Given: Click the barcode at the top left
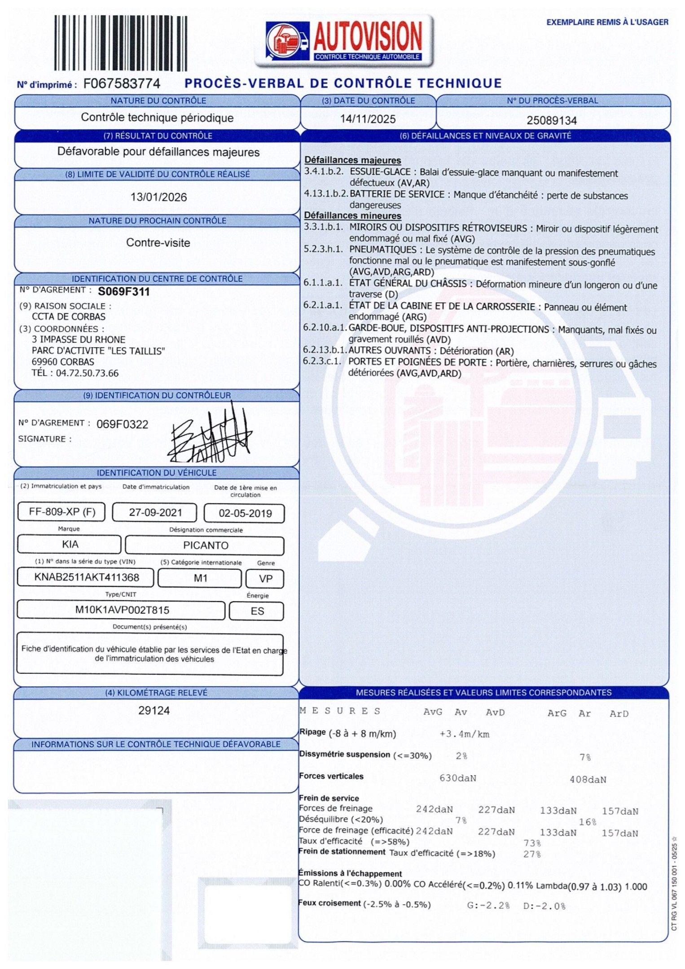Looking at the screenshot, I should coord(120,43).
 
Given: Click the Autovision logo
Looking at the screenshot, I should coord(344,40).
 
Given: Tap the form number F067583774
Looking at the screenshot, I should coord(122,84).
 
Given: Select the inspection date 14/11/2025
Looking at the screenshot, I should coord(368,119).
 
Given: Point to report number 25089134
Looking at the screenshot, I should coord(552,120).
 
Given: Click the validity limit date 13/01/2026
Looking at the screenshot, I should coord(158,197).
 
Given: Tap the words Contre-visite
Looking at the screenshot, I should coord(158,243).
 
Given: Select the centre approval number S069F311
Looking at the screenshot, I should coord(124,292).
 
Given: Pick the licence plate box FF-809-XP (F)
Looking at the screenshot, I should coord(62,512).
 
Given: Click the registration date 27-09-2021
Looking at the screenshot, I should coord(155,512).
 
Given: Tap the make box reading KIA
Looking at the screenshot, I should coord(70,545).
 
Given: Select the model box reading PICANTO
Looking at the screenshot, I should coord(206,546).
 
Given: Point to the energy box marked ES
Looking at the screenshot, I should coord(257,611).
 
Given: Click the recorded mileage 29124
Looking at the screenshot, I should coord(154,711).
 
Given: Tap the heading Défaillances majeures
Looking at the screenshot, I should coord(352,160).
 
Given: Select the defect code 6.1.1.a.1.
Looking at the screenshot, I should coord(323,283).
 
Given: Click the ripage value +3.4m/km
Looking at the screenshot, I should coord(464,734).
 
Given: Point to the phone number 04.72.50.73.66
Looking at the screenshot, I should coord(87,373).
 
